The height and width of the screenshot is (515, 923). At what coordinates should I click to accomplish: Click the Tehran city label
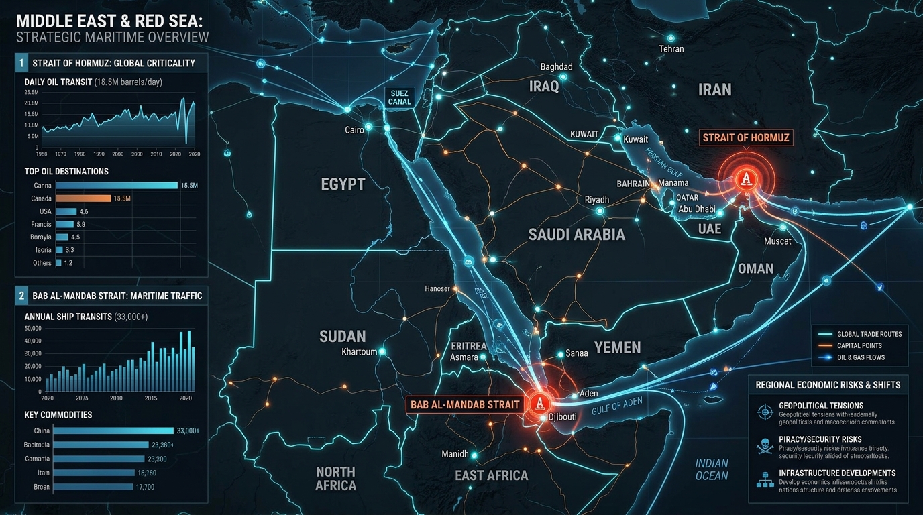pyautogui.click(x=671, y=49)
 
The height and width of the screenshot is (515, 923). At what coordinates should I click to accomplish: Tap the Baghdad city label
pyautogui.click(x=556, y=67)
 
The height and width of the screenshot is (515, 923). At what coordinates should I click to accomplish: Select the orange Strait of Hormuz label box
pyautogui.click(x=746, y=139)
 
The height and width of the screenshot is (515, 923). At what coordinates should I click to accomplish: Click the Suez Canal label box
pyautogui.click(x=399, y=97)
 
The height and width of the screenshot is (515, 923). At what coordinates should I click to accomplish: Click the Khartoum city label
pyautogui.click(x=359, y=352)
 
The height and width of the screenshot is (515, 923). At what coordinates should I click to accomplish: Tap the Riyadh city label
pyautogui.click(x=597, y=200)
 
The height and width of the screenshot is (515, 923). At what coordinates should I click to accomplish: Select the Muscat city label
pyautogui.click(x=777, y=241)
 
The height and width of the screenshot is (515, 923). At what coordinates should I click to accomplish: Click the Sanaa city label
pyautogui.click(x=577, y=353)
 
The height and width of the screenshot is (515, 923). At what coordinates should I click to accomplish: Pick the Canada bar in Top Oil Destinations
pyautogui.click(x=83, y=198)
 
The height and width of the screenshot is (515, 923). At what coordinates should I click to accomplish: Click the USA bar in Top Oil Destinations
pyautogui.click(x=66, y=211)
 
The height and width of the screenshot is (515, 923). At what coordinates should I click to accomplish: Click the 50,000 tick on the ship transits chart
pyautogui.click(x=32, y=328)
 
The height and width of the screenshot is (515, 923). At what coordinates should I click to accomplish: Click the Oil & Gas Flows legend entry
pyautogui.click(x=860, y=357)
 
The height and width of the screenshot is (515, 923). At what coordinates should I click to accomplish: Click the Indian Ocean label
pyautogui.click(x=711, y=469)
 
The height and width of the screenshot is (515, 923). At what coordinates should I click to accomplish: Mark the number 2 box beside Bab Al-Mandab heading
pyautogui.click(x=22, y=295)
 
